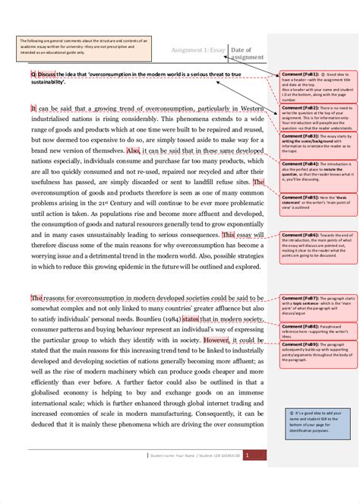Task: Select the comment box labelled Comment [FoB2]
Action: point(313,119)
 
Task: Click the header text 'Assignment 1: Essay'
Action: point(198,49)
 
